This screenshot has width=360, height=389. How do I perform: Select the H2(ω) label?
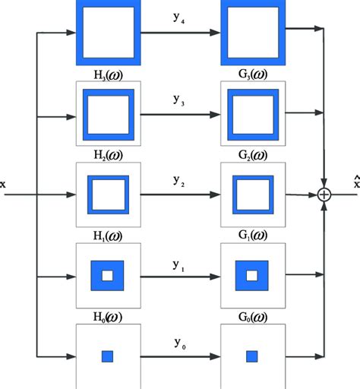tap(107, 154)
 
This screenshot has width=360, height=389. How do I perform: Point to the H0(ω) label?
tap(107, 316)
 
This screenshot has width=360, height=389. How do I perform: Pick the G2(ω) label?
tap(251, 154)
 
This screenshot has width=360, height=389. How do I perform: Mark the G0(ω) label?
tap(251, 316)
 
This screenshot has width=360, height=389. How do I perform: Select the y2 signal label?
tap(179, 180)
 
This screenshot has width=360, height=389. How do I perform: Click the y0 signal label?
tap(179, 343)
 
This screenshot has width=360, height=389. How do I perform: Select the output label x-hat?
tap(355, 182)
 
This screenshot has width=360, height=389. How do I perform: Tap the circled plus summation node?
tap(325, 195)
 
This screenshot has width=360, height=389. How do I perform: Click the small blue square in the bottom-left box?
tap(107, 356)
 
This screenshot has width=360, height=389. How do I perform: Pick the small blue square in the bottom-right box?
tap(251, 356)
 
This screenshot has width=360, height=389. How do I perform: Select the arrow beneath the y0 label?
tap(179, 356)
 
